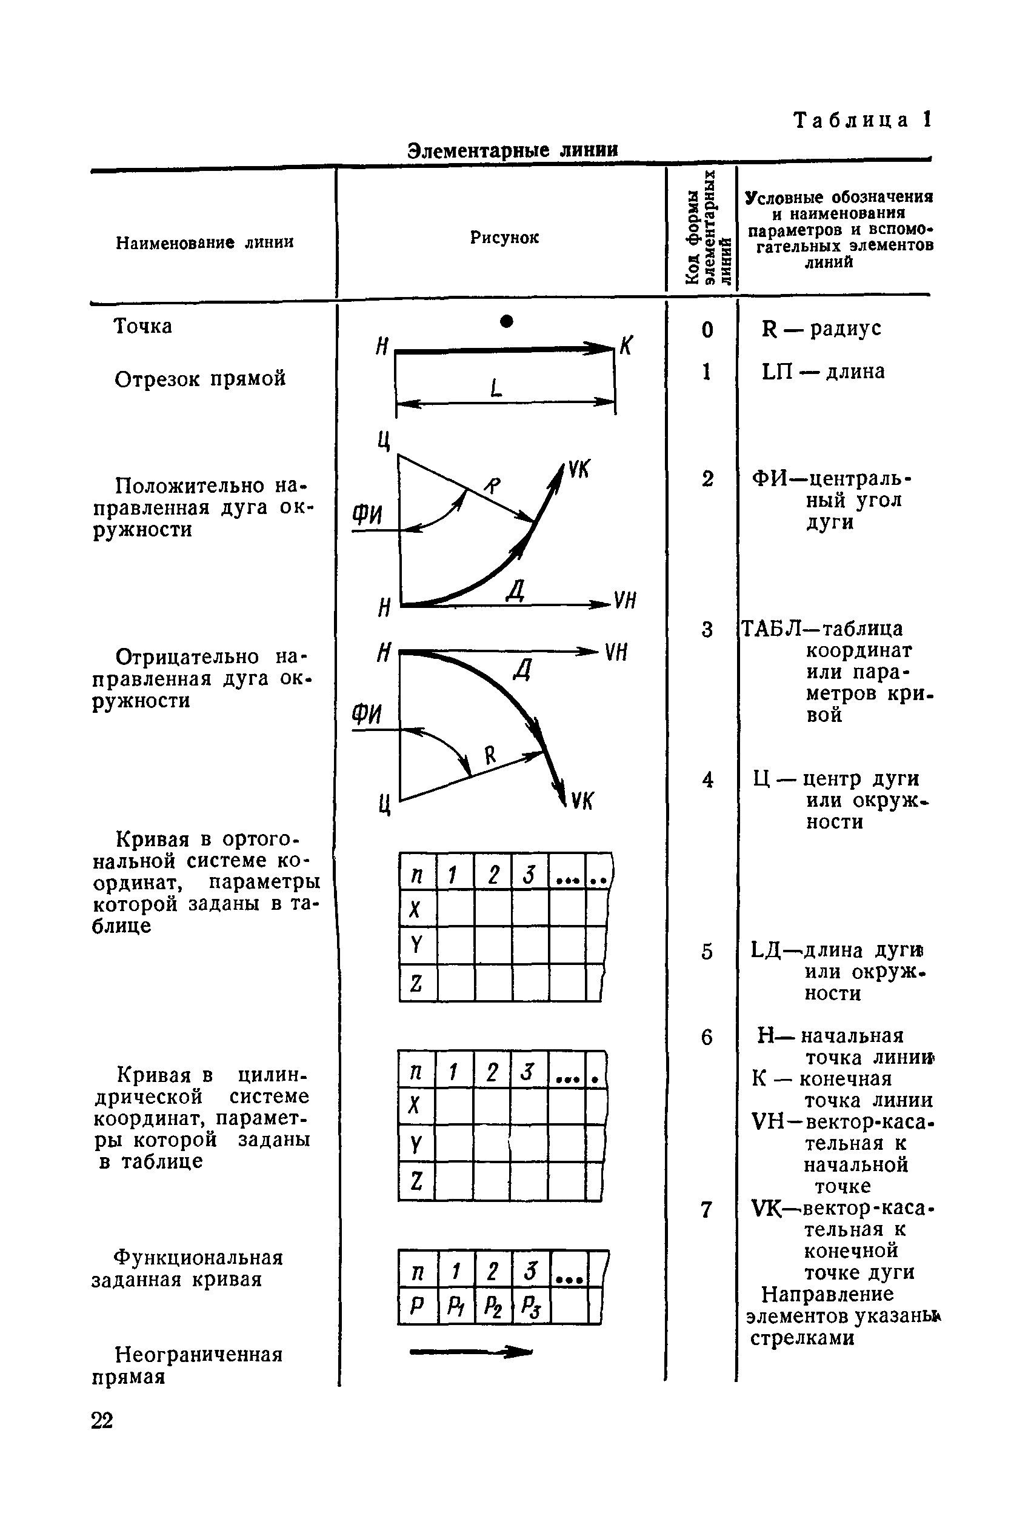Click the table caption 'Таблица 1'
[x=862, y=120]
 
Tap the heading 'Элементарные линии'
[x=512, y=150]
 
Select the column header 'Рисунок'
[x=504, y=238]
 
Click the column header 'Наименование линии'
[x=204, y=242]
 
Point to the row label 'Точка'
[x=142, y=326]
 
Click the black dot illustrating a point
[x=506, y=321]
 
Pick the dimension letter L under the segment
[x=496, y=389]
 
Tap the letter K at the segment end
[x=626, y=344]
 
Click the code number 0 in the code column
[x=707, y=329]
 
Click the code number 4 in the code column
[x=707, y=780]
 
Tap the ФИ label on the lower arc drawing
[x=367, y=714]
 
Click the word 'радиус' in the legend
[x=845, y=328]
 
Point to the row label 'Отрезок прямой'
[x=200, y=379]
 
